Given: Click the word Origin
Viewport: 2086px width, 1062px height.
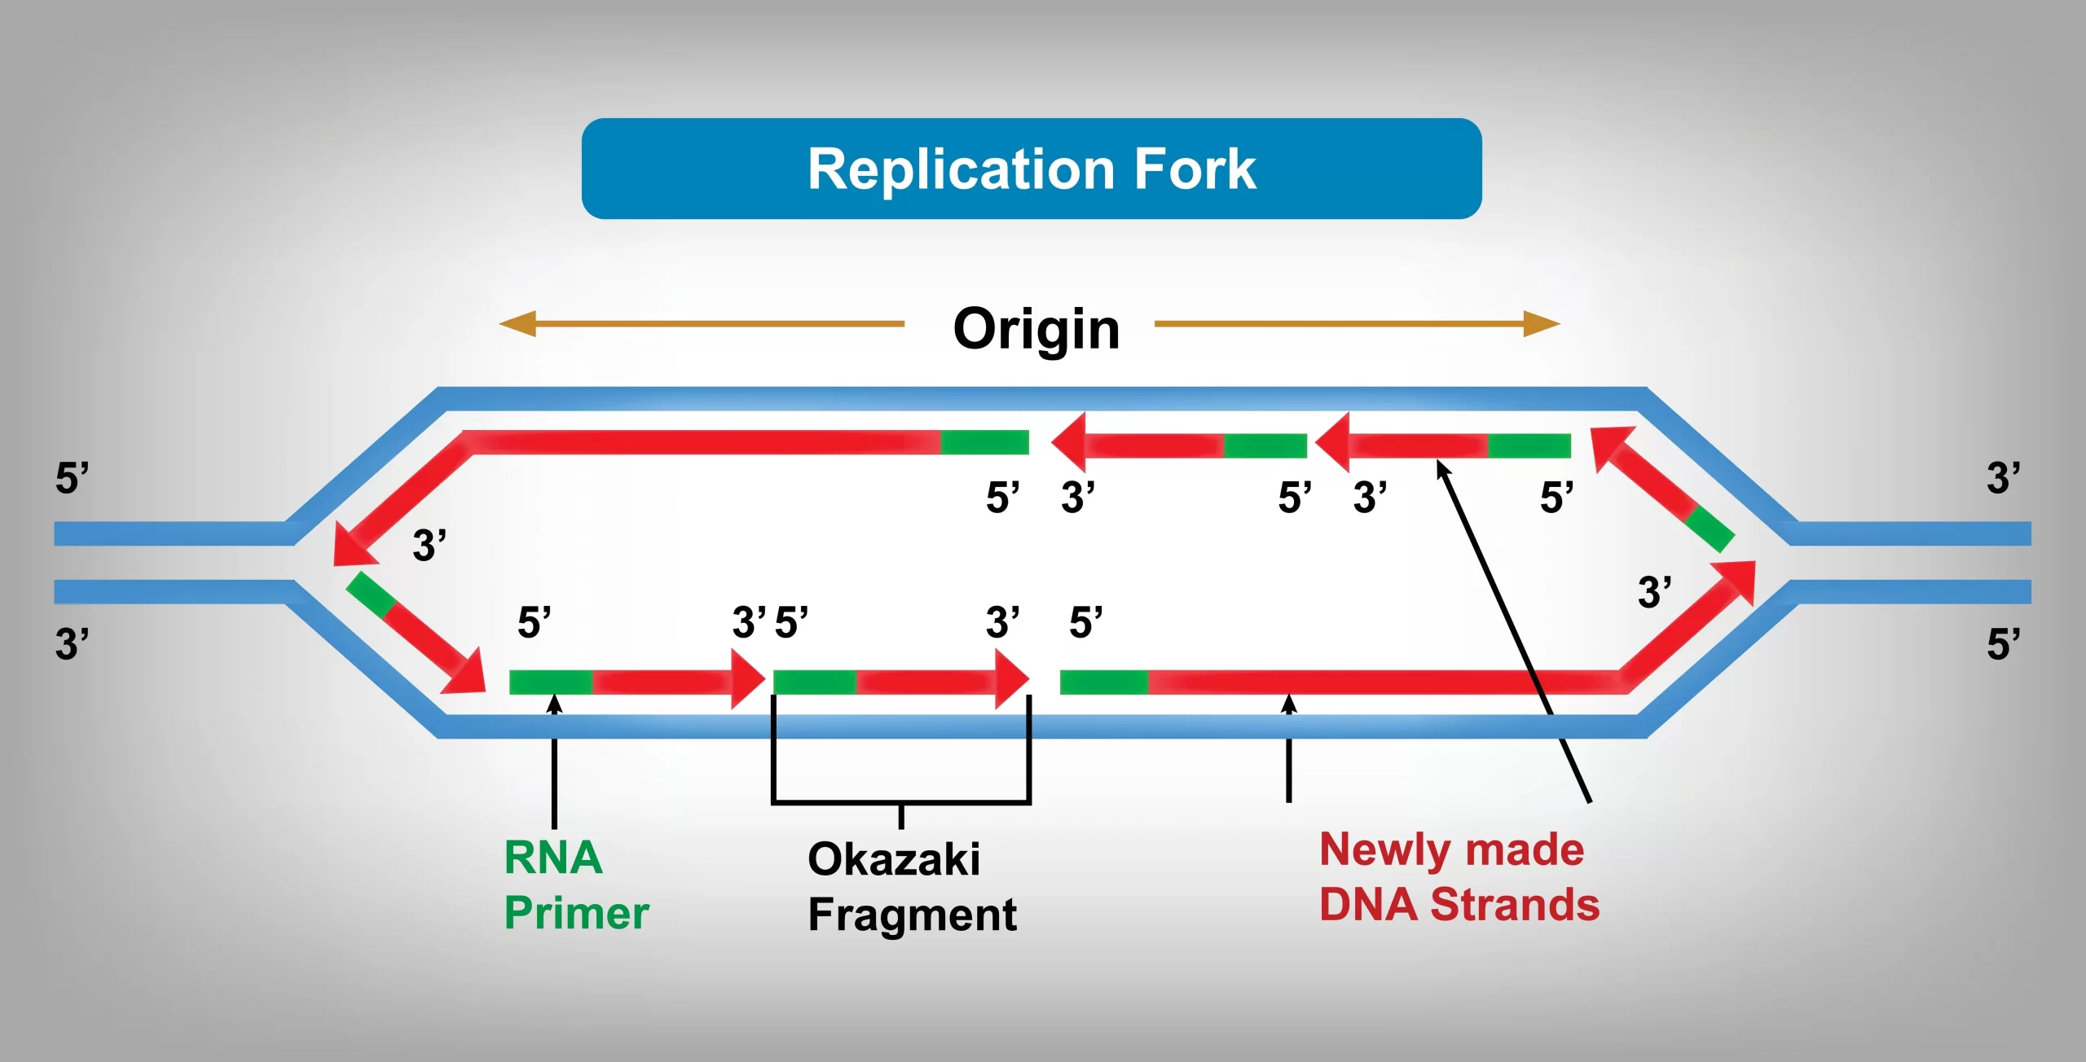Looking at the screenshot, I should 1036,329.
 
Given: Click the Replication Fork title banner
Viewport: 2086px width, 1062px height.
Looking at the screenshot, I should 1032,169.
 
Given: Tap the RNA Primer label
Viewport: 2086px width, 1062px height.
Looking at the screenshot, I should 575,884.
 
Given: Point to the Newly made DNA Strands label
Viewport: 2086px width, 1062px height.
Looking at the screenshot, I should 1459,877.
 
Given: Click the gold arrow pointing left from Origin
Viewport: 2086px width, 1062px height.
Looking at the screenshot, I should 701,323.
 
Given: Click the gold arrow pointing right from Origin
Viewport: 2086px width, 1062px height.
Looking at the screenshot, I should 1357,323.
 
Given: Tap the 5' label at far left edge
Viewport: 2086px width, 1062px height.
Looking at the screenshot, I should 72,478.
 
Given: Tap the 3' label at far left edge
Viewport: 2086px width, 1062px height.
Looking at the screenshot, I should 72,643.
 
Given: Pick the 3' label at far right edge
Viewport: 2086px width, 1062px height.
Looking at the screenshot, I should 2003,478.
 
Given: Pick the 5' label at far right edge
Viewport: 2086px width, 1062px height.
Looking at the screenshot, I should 2003,643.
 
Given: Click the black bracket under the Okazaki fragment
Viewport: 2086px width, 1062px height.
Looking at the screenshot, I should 901,801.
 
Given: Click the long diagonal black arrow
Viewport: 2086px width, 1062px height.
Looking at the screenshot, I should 1516,631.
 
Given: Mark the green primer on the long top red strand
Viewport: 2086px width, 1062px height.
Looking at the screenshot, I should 984,442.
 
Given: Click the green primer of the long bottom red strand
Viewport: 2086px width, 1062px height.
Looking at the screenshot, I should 1103,682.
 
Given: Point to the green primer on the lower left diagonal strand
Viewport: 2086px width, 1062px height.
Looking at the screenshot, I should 372,594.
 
